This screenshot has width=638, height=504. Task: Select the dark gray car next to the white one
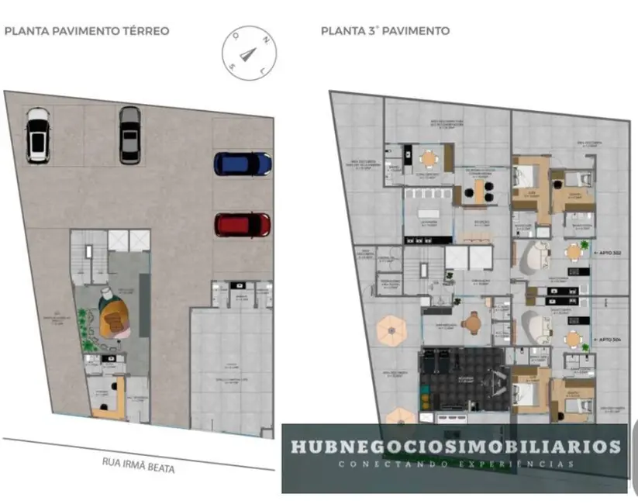(130, 134)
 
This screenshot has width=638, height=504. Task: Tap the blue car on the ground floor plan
(243, 164)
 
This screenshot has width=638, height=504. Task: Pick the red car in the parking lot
(243, 225)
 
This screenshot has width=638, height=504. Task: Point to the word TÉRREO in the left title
(143, 31)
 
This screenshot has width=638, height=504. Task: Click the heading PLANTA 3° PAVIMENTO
(385, 31)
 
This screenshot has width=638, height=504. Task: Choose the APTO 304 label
(609, 339)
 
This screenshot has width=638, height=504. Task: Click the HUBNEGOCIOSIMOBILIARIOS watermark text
(455, 447)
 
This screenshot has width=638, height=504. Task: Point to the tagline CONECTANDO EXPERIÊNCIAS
(455, 464)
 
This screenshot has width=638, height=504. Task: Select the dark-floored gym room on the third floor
(461, 380)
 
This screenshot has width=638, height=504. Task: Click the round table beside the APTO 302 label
(573, 251)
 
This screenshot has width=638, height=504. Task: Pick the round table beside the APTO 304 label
(573, 338)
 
